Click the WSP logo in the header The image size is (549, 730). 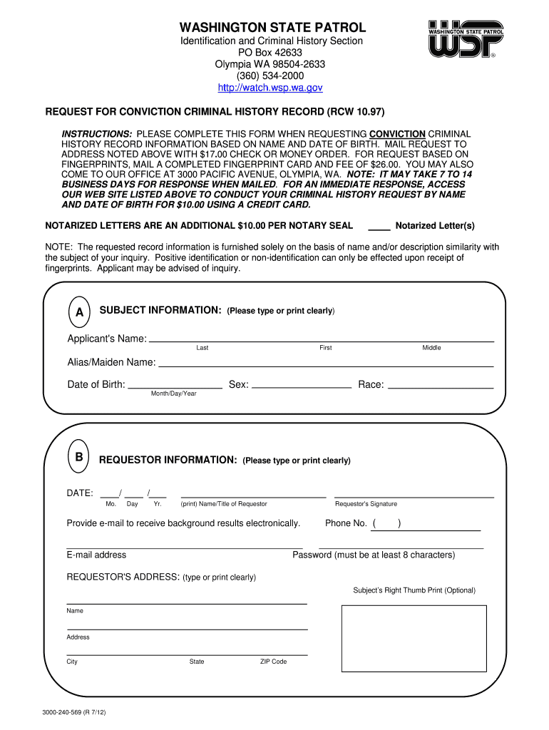pyautogui.click(x=465, y=40)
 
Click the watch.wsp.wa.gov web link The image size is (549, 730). pyautogui.click(x=270, y=88)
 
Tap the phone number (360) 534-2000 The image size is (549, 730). pyautogui.click(x=270, y=76)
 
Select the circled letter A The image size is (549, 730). pyautogui.click(x=79, y=312)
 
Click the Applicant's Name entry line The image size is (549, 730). pyautogui.click(x=321, y=340)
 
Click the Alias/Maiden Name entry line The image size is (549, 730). pyautogui.click(x=326, y=364)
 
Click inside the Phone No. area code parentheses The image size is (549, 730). pyautogui.click(x=386, y=524)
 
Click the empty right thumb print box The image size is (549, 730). pyautogui.click(x=414, y=638)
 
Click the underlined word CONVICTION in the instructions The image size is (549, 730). pyautogui.click(x=397, y=134)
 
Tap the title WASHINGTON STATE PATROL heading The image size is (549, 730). pyautogui.click(x=272, y=28)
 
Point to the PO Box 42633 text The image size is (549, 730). pyautogui.click(x=270, y=53)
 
